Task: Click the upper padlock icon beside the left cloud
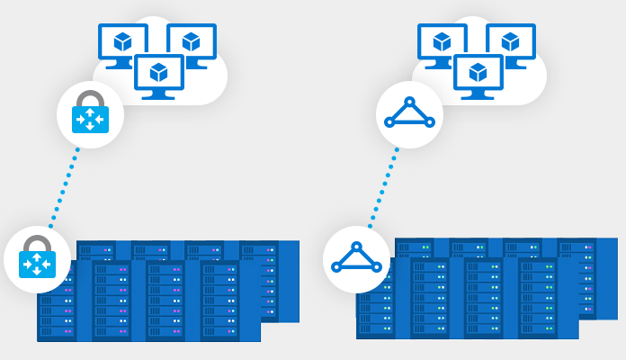[90, 113]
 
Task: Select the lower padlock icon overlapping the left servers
[37, 259]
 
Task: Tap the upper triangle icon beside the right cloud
[409, 114]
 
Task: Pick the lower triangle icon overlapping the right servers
[356, 259]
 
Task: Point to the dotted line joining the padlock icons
[63, 186]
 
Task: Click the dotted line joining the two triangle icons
[383, 186]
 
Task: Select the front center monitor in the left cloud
[159, 73]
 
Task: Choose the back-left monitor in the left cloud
[122, 42]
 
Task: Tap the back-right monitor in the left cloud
[192, 42]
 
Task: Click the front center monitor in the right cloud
[478, 73]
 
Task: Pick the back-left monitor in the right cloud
[442, 42]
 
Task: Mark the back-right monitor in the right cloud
[511, 42]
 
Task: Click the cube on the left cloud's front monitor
[159, 71]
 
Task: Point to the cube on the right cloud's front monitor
[478, 71]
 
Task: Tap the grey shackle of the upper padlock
[90, 97]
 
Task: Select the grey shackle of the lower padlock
[37, 243]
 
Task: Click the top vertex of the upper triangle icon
[409, 102]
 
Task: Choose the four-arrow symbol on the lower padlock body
[37, 264]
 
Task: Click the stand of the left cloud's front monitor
[159, 94]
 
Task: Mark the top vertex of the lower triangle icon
[356, 247]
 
